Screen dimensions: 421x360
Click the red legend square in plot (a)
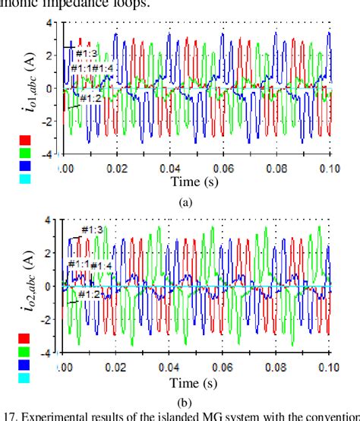25,141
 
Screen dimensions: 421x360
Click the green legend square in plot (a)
25,152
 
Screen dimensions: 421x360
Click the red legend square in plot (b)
25,339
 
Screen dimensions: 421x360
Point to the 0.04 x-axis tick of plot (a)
169,169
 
